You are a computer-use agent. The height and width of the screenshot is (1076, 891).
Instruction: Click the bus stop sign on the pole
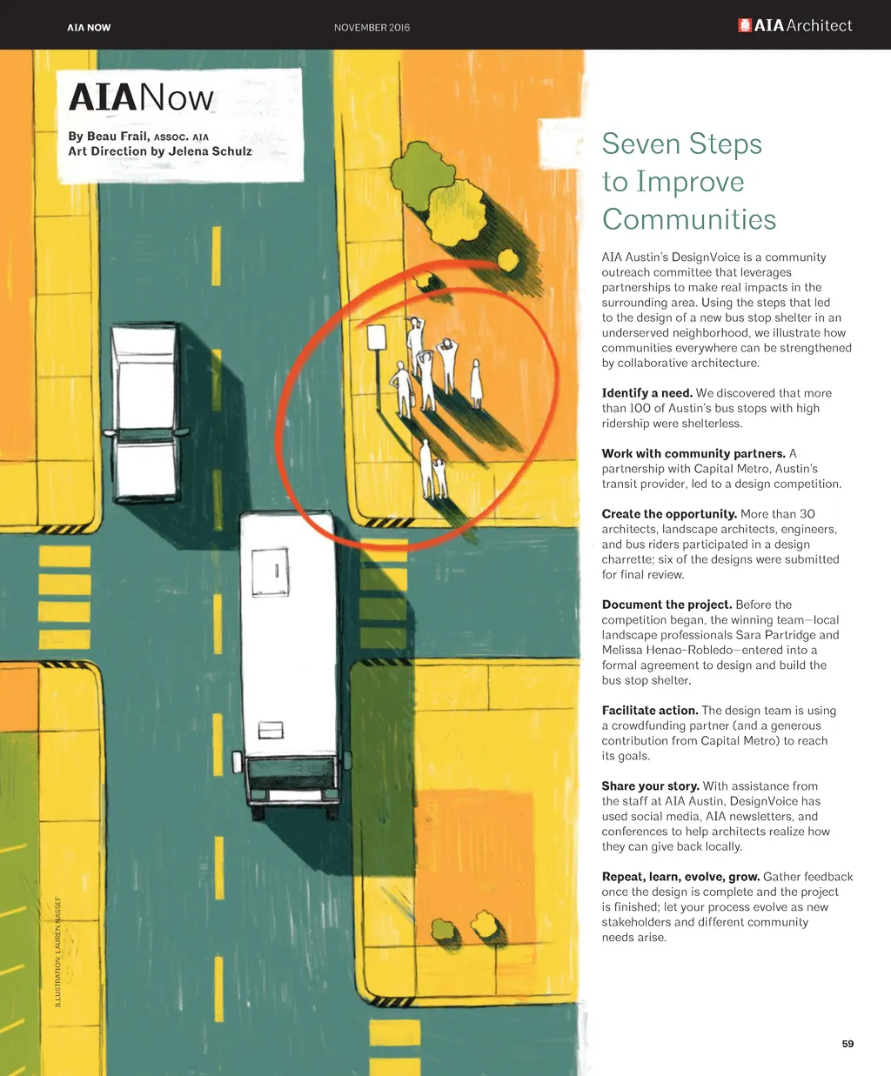377,337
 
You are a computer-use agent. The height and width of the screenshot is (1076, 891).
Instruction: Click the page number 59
847,1043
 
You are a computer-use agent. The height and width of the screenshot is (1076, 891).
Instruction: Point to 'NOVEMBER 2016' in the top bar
372,28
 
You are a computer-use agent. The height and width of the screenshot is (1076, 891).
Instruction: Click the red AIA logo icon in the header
745,26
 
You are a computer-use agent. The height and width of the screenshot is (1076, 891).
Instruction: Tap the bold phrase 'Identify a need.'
646,393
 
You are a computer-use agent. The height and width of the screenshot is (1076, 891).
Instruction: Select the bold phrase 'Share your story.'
650,786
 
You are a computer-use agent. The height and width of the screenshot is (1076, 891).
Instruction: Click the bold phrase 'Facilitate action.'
650,711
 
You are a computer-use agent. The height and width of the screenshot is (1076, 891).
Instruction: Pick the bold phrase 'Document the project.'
667,605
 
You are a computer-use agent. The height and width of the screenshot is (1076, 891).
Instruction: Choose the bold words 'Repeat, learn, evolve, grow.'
680,877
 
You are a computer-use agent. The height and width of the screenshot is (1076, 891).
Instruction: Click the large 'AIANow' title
141,97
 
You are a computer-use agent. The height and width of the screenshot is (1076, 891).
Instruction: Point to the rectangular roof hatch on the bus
270,572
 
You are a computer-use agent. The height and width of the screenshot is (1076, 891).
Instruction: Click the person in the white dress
476,384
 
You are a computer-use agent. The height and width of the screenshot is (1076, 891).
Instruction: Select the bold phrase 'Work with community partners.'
693,453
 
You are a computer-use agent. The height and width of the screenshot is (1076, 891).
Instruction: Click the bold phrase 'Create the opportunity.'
669,514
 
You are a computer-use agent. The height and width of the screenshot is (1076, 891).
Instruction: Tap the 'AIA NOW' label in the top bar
89,28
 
